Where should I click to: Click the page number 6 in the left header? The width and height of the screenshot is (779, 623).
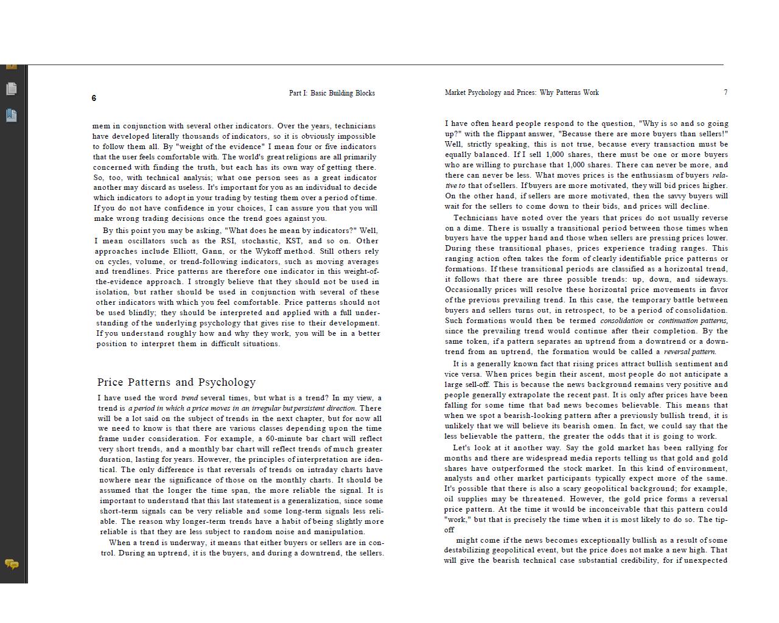[x=94, y=99]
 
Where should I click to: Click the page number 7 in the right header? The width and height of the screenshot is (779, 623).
[x=725, y=92]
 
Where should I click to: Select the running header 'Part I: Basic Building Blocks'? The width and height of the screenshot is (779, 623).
[x=332, y=93]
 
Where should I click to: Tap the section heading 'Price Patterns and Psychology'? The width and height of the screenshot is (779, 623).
[x=176, y=382]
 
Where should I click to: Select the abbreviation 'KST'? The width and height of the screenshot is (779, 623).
[x=294, y=240]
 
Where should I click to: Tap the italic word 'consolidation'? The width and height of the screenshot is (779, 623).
[x=621, y=321]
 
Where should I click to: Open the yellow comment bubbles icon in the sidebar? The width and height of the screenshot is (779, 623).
[x=12, y=565]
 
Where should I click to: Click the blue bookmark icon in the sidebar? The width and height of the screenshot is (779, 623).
[x=12, y=115]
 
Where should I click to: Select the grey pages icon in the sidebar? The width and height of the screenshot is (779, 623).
[x=12, y=89]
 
